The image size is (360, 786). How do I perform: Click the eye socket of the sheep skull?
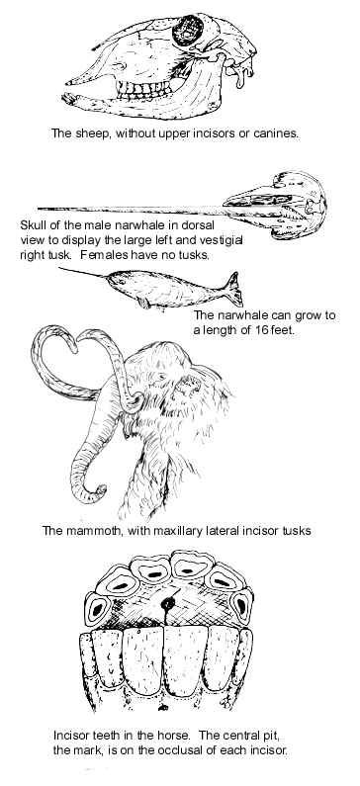point(187,30)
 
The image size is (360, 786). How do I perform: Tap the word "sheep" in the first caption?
point(93,133)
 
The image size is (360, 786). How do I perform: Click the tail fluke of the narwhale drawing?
point(233,290)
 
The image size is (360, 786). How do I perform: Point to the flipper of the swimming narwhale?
point(144,302)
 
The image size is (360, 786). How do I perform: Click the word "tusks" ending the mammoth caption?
point(296,530)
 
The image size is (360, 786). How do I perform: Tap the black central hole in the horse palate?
point(167,604)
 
